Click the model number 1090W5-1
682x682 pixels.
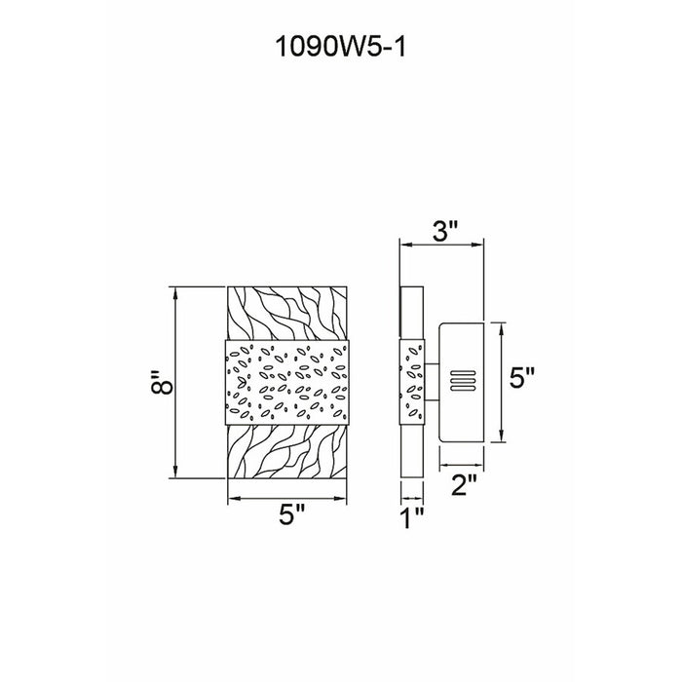(341, 47)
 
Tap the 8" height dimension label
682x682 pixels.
(163, 382)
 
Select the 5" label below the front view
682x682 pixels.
(291, 515)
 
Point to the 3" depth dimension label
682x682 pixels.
(446, 231)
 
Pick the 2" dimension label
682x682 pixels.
(464, 484)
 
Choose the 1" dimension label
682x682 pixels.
(412, 517)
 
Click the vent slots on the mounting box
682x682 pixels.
(463, 381)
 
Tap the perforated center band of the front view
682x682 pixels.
(287, 382)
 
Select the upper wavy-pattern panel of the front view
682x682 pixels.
(287, 313)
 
